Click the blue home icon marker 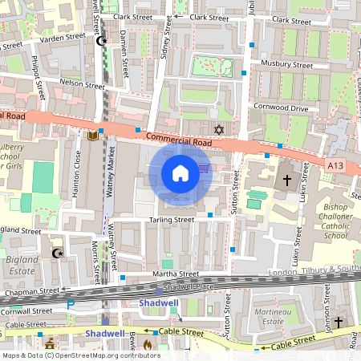pos(180,173)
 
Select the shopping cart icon pos(204,168)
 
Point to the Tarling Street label pos(173,219)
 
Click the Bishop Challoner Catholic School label pos(338,221)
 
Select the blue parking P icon pos(70,304)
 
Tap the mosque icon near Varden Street pos(101,41)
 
